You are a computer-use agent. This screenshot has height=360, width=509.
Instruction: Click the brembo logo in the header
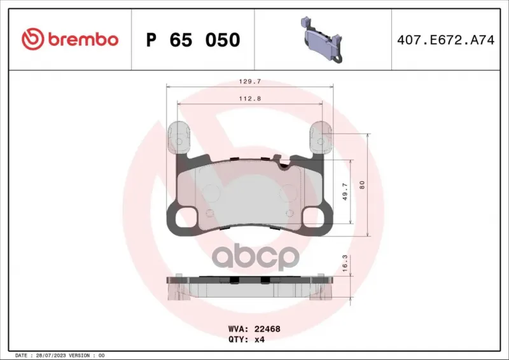(x=70, y=39)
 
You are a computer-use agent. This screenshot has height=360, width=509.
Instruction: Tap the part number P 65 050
(x=193, y=40)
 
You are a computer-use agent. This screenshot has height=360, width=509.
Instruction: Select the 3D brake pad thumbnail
(x=323, y=39)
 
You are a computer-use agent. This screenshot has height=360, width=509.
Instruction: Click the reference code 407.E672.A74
(x=446, y=40)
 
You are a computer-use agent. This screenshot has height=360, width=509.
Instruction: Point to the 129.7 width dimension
(x=249, y=81)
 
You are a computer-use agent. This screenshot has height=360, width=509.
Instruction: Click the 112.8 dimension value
(x=249, y=99)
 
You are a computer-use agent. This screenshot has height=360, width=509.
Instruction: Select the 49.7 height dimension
(x=345, y=191)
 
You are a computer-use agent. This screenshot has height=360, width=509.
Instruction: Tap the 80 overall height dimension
(x=362, y=185)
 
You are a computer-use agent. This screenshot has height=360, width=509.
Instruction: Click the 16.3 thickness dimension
(x=345, y=263)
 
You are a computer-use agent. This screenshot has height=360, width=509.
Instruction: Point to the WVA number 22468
(x=267, y=329)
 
